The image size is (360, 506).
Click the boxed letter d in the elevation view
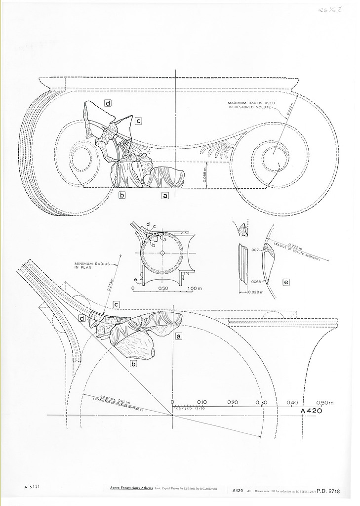tap(107, 103)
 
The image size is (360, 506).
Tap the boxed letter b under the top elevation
tap(122, 195)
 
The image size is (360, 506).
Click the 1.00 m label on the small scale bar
tap(196, 288)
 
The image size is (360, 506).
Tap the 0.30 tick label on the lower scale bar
tap(262, 402)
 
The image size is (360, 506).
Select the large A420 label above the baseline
tap(311, 411)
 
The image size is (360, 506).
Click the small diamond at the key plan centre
tap(162, 253)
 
